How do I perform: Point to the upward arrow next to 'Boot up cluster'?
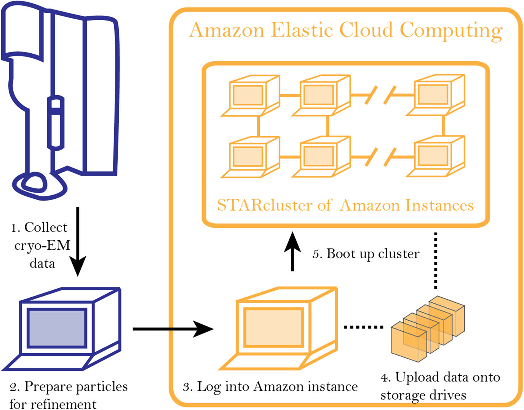(292, 251)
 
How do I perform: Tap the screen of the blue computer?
(57, 328)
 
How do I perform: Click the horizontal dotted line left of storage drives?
(363, 327)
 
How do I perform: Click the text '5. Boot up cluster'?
(366, 254)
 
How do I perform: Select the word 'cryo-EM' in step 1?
(42, 246)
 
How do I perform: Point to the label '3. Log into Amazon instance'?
(270, 387)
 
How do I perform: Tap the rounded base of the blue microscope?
(40, 187)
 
